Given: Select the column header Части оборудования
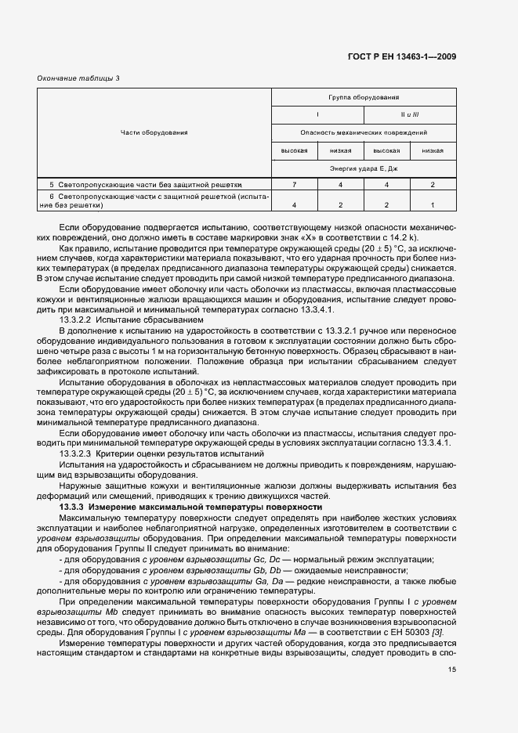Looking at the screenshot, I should pyautogui.click(x=154, y=132).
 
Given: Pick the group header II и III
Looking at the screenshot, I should pyautogui.click(x=410, y=115).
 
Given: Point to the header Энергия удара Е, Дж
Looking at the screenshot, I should pyautogui.click(x=364, y=168).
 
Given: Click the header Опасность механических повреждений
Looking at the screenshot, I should pyautogui.click(x=364, y=133).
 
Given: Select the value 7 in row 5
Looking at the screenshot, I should pyautogui.click(x=293, y=184).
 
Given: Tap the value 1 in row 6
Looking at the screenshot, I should pyautogui.click(x=433, y=204).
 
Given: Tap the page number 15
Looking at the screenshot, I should pyautogui.click(x=451, y=670).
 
